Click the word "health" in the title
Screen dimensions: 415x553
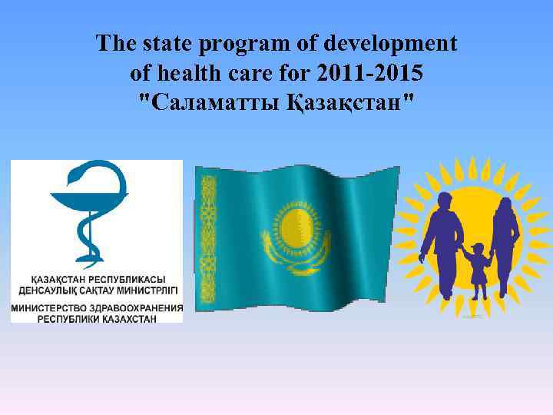click(184, 74)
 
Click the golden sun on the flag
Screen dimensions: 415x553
click(296, 229)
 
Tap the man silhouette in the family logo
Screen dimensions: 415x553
click(444, 238)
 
